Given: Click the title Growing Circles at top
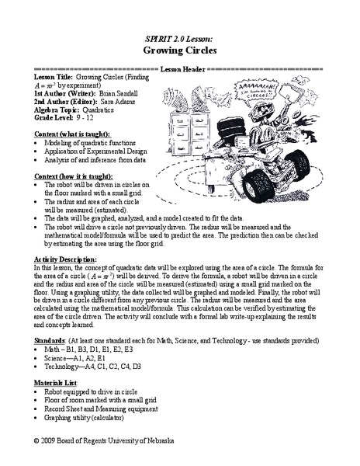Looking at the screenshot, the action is (179, 50).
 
